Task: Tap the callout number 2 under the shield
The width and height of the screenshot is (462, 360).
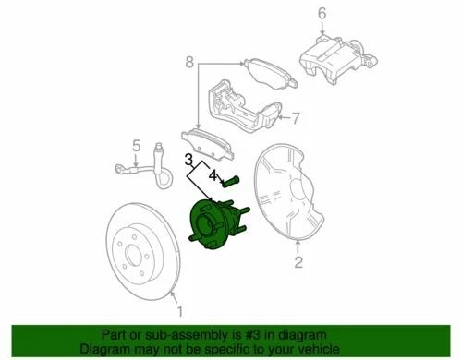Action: pos(298,266)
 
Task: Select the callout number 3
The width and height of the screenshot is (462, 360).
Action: pos(188,159)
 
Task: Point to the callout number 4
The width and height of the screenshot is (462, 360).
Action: pos(212,173)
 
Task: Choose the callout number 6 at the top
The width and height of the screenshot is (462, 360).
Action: pos(322,13)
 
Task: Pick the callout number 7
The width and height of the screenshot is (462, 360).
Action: pos(298,118)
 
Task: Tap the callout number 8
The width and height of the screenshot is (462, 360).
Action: pos(188,63)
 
